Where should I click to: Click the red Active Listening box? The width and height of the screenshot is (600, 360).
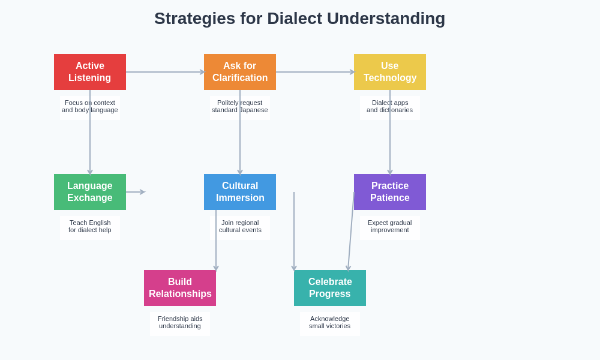point(90,72)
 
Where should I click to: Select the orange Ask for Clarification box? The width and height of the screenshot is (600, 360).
point(240,72)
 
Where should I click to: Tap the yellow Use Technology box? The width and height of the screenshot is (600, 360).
point(390,72)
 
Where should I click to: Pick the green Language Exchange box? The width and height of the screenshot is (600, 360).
point(90,192)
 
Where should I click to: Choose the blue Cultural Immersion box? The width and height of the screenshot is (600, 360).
point(240,192)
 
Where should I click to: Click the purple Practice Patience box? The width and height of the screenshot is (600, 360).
point(390,192)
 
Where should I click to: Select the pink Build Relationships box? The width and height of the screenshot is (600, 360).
point(180,288)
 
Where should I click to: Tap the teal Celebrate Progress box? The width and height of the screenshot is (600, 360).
point(330,288)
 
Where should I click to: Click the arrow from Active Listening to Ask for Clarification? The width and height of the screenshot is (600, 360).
point(165,72)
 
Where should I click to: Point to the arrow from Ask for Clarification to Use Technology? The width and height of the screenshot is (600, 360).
point(315,72)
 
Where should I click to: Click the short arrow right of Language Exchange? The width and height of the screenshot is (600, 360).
point(136,192)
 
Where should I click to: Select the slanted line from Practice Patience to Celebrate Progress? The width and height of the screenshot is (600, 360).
point(351,231)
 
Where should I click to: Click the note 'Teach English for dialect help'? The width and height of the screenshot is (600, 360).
point(90,227)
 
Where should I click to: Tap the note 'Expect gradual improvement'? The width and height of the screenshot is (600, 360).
point(390,227)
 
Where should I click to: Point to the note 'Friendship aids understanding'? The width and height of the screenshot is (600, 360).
point(180,323)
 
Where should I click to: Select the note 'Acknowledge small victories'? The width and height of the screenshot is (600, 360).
point(330,323)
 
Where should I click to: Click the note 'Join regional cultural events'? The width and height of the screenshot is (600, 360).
point(240,227)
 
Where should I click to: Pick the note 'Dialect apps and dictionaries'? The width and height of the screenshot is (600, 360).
point(390,107)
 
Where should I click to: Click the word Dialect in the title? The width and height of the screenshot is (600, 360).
point(293,19)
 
